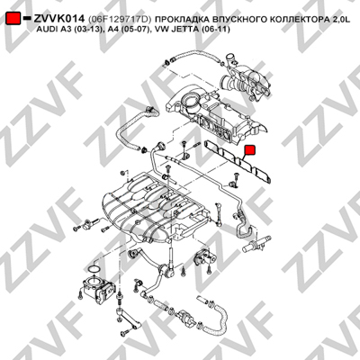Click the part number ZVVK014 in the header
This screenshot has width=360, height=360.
tap(59, 19)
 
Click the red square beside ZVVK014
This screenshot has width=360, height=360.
tap(13, 19)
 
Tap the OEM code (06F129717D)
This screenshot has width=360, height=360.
tap(120, 19)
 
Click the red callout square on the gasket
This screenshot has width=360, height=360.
tap(249, 150)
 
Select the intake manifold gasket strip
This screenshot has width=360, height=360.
tap(239, 162)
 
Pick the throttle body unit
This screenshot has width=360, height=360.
tap(96, 288)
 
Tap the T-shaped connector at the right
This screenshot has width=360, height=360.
tap(256, 244)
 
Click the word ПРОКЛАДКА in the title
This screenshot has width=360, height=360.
tap(181, 19)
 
